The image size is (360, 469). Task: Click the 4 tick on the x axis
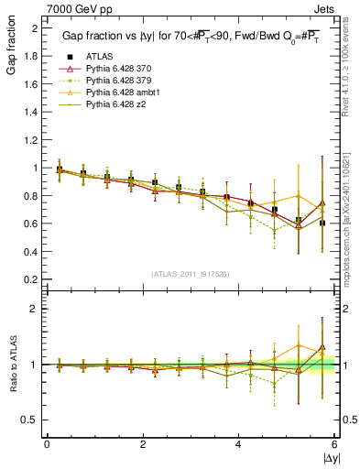239,445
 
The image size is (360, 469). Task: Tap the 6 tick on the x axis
335,445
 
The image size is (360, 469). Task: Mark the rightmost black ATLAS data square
322,223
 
